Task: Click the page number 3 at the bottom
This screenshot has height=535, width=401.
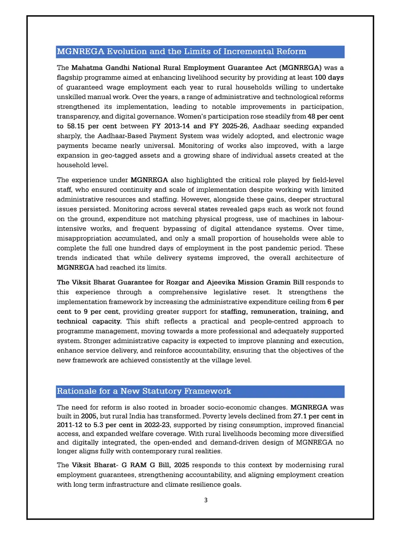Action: (x=205, y=500)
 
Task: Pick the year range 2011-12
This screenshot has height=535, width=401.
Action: (x=72, y=427)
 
